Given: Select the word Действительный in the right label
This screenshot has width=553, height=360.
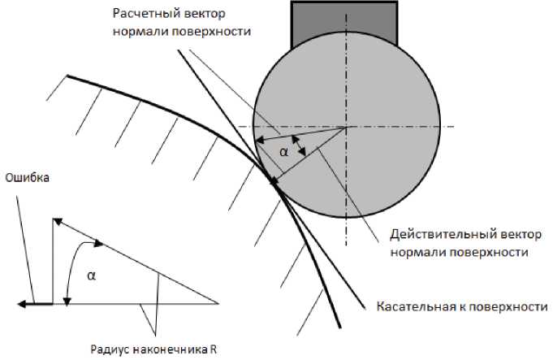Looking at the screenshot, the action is coord(434,234).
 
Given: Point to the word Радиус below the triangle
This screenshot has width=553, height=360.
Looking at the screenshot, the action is coord(111,350).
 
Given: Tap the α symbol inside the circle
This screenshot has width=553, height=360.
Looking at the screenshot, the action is coord(283,151).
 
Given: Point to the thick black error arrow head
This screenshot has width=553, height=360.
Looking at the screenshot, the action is coord(24,304).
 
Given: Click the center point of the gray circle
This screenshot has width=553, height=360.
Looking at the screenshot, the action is coord(347,128).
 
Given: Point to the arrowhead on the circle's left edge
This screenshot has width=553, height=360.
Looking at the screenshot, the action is coord(258,142).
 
